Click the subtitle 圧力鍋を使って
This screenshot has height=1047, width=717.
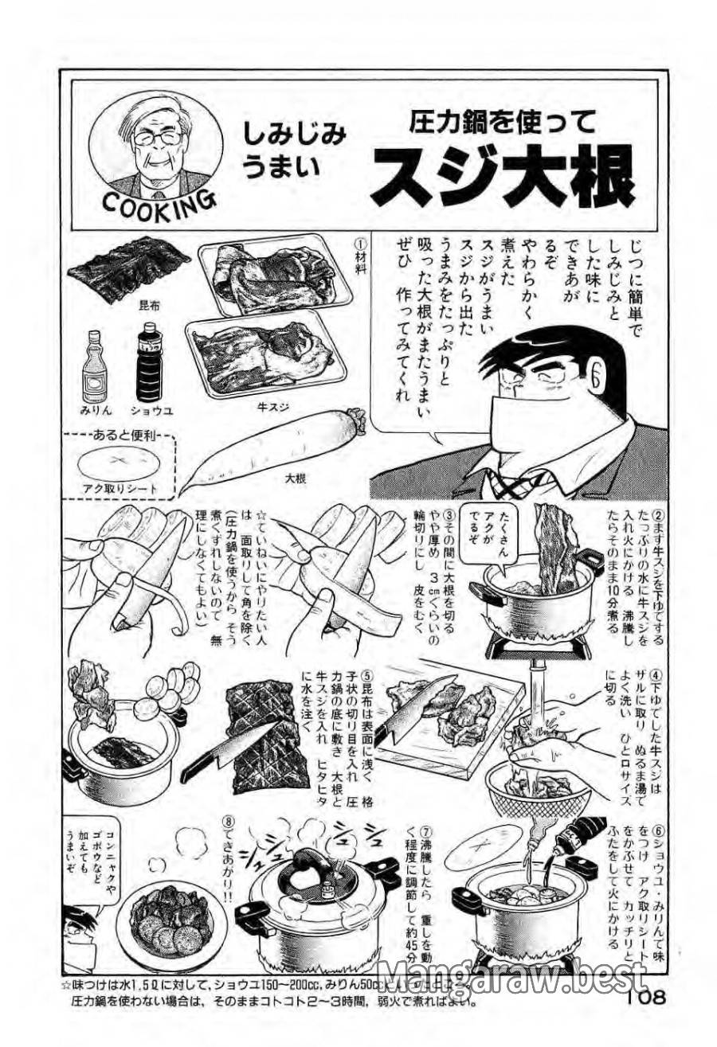click(503, 121)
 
